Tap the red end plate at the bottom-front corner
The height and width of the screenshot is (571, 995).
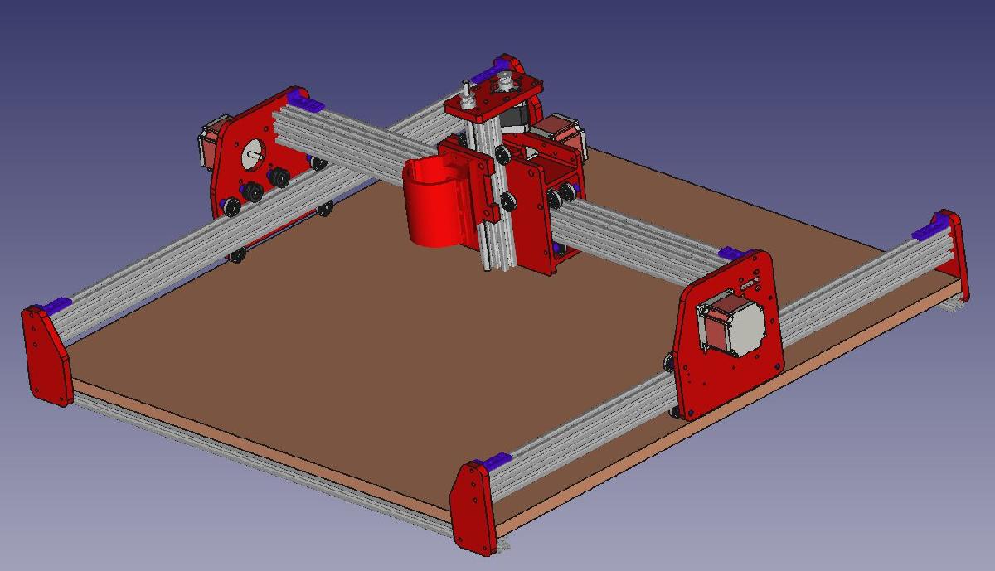(473, 506)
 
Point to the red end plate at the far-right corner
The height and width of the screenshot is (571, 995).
(953, 253)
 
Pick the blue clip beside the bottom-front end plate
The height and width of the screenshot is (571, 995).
(495, 462)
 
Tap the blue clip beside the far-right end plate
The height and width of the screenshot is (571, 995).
(929, 231)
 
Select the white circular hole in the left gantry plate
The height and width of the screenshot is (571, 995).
(252, 152)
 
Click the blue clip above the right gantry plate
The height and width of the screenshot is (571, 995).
(735, 253)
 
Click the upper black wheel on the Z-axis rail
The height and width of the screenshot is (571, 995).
(502, 154)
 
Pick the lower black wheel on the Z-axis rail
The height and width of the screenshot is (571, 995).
(505, 200)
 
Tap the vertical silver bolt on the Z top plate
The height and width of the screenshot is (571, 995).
(466, 91)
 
